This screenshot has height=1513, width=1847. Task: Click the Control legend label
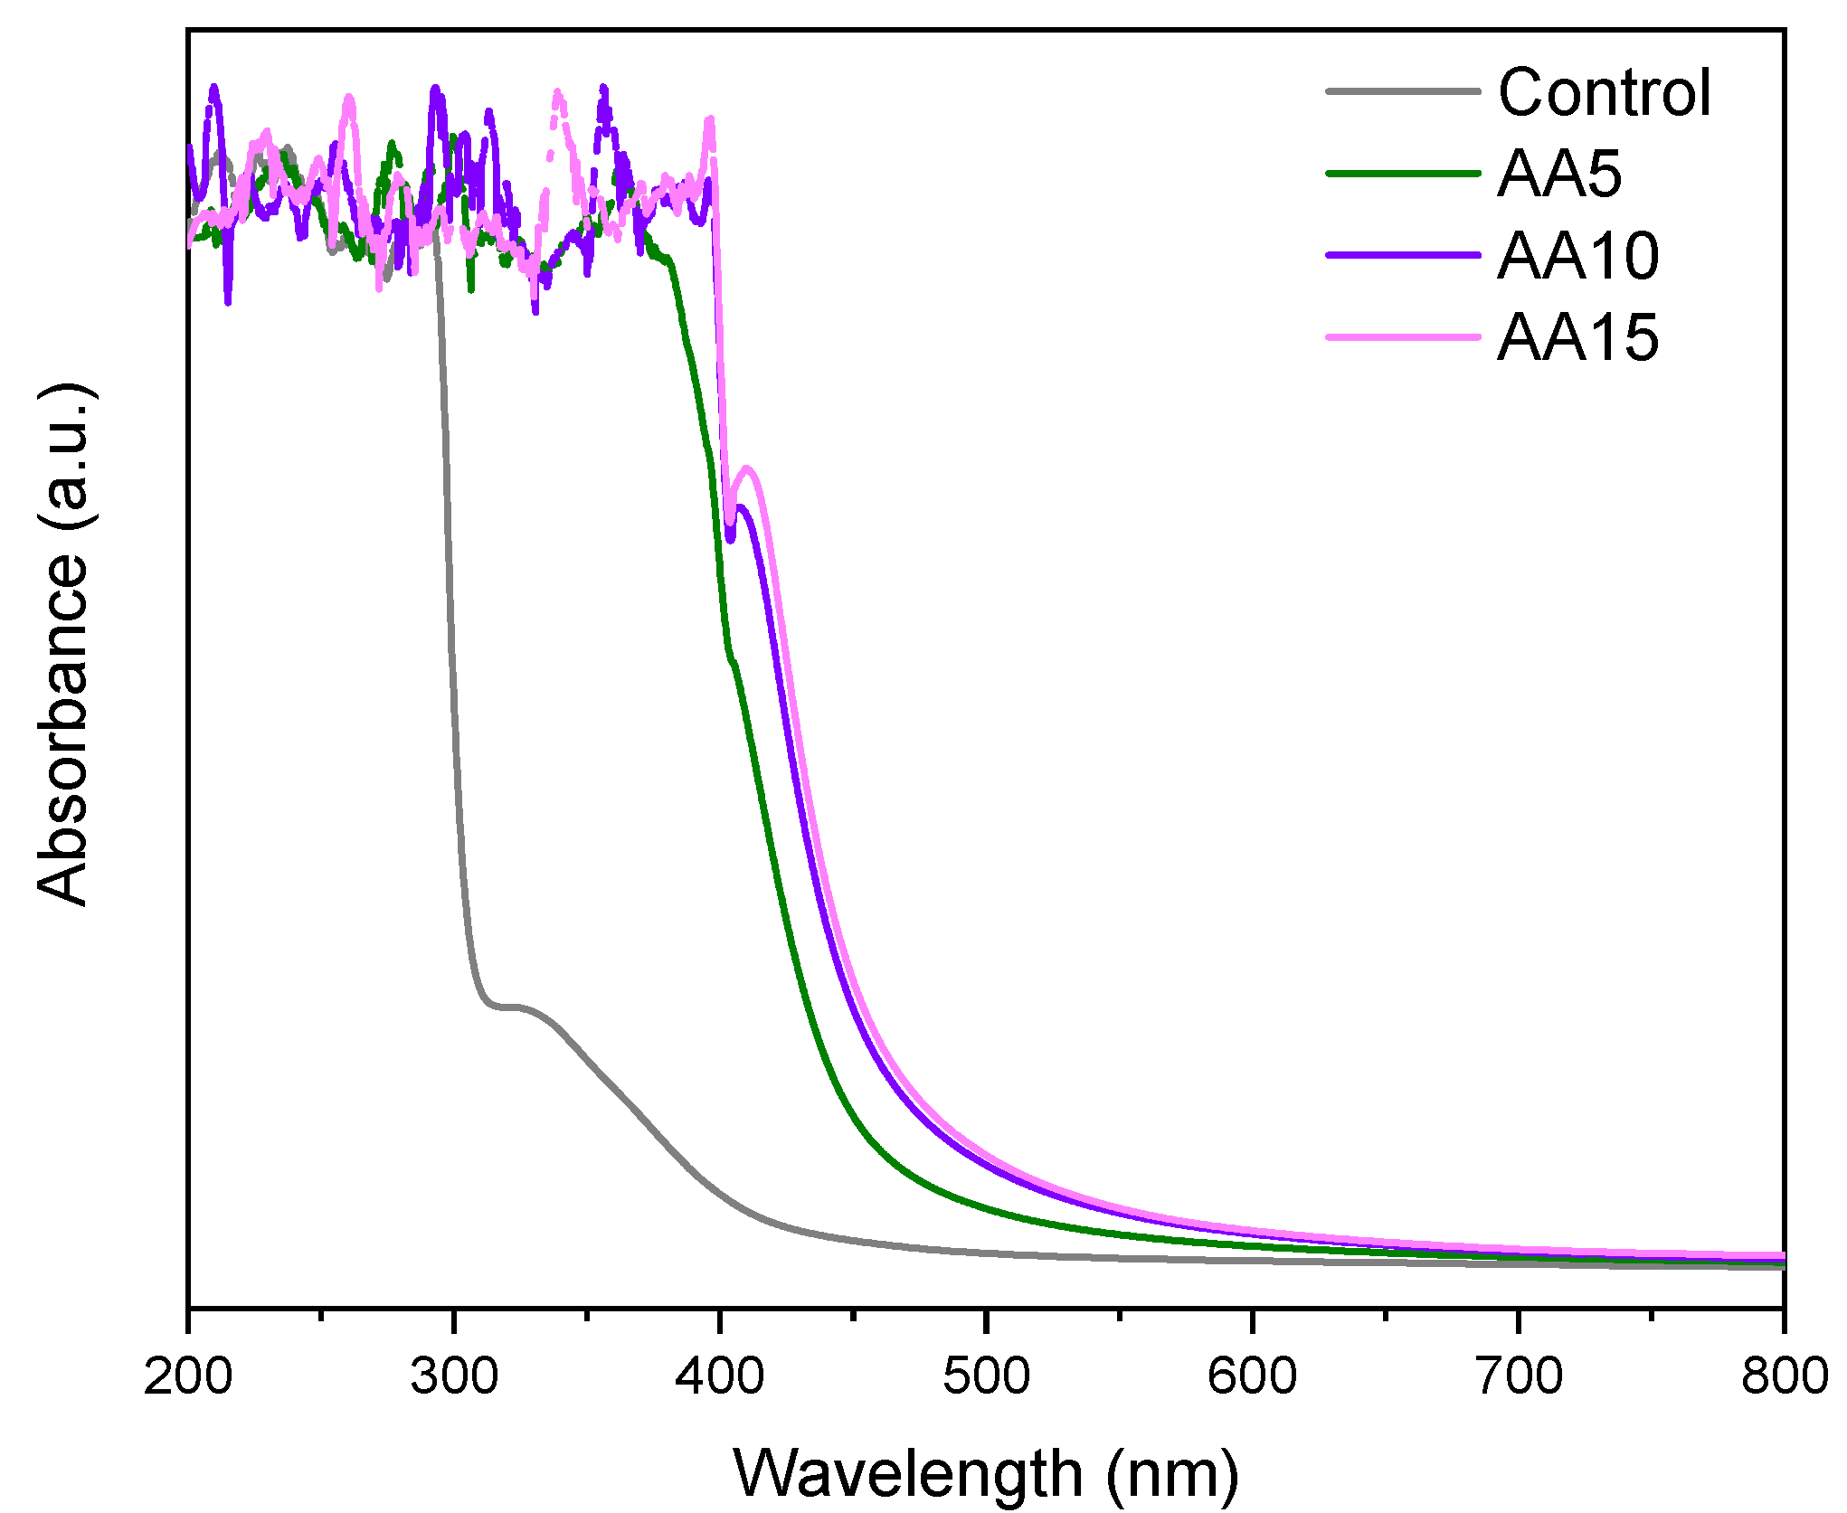pyautogui.click(x=1604, y=92)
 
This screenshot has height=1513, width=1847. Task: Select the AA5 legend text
pyautogui.click(x=1559, y=174)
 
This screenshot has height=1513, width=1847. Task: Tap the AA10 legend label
pyautogui.click(x=1578, y=256)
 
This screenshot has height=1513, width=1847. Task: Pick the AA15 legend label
pyautogui.click(x=1578, y=337)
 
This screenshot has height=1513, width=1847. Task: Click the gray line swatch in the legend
pyautogui.click(x=1402, y=91)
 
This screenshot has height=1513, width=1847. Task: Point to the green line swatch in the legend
pyautogui.click(x=1402, y=173)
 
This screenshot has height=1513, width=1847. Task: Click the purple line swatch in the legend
pyautogui.click(x=1402, y=255)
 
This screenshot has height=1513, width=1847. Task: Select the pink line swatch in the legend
pyautogui.click(x=1402, y=336)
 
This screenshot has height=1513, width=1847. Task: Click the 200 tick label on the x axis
pyautogui.click(x=188, y=1376)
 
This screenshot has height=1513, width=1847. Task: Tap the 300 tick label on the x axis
pyautogui.click(x=454, y=1376)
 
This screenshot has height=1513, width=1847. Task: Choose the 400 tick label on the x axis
pyautogui.click(x=720, y=1376)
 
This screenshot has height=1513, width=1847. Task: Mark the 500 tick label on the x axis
pyautogui.click(x=986, y=1376)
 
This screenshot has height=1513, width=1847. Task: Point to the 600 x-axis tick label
pyautogui.click(x=1252, y=1376)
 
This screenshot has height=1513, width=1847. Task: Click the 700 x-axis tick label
pyautogui.click(x=1519, y=1376)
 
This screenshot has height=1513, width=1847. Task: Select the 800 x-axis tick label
pyautogui.click(x=1784, y=1376)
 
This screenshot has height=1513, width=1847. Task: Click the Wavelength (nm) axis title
pyautogui.click(x=986, y=1473)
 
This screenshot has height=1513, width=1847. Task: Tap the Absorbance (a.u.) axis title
pyautogui.click(x=63, y=644)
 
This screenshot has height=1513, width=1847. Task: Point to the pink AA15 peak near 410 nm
pyautogui.click(x=747, y=468)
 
